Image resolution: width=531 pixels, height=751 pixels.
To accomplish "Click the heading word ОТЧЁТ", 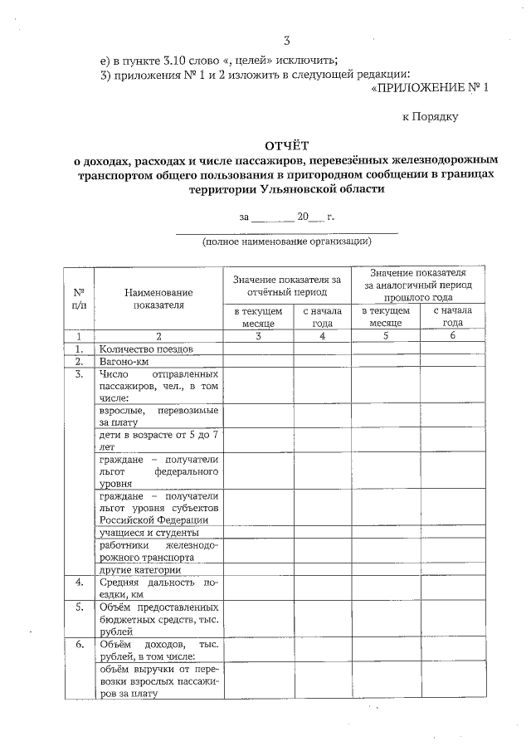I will click(286, 146).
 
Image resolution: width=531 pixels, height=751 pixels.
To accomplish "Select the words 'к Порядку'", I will click(431, 117).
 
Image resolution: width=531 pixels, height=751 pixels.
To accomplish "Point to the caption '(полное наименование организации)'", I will click(287, 241).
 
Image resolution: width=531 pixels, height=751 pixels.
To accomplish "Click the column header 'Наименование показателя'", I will click(158, 299).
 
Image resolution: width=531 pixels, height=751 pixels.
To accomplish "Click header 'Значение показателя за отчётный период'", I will click(287, 286).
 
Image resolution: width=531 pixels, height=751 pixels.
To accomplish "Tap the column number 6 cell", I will click(453, 336).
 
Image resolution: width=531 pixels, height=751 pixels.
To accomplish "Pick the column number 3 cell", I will click(258, 336).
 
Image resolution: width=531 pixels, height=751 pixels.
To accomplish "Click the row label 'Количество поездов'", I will click(145, 349).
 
